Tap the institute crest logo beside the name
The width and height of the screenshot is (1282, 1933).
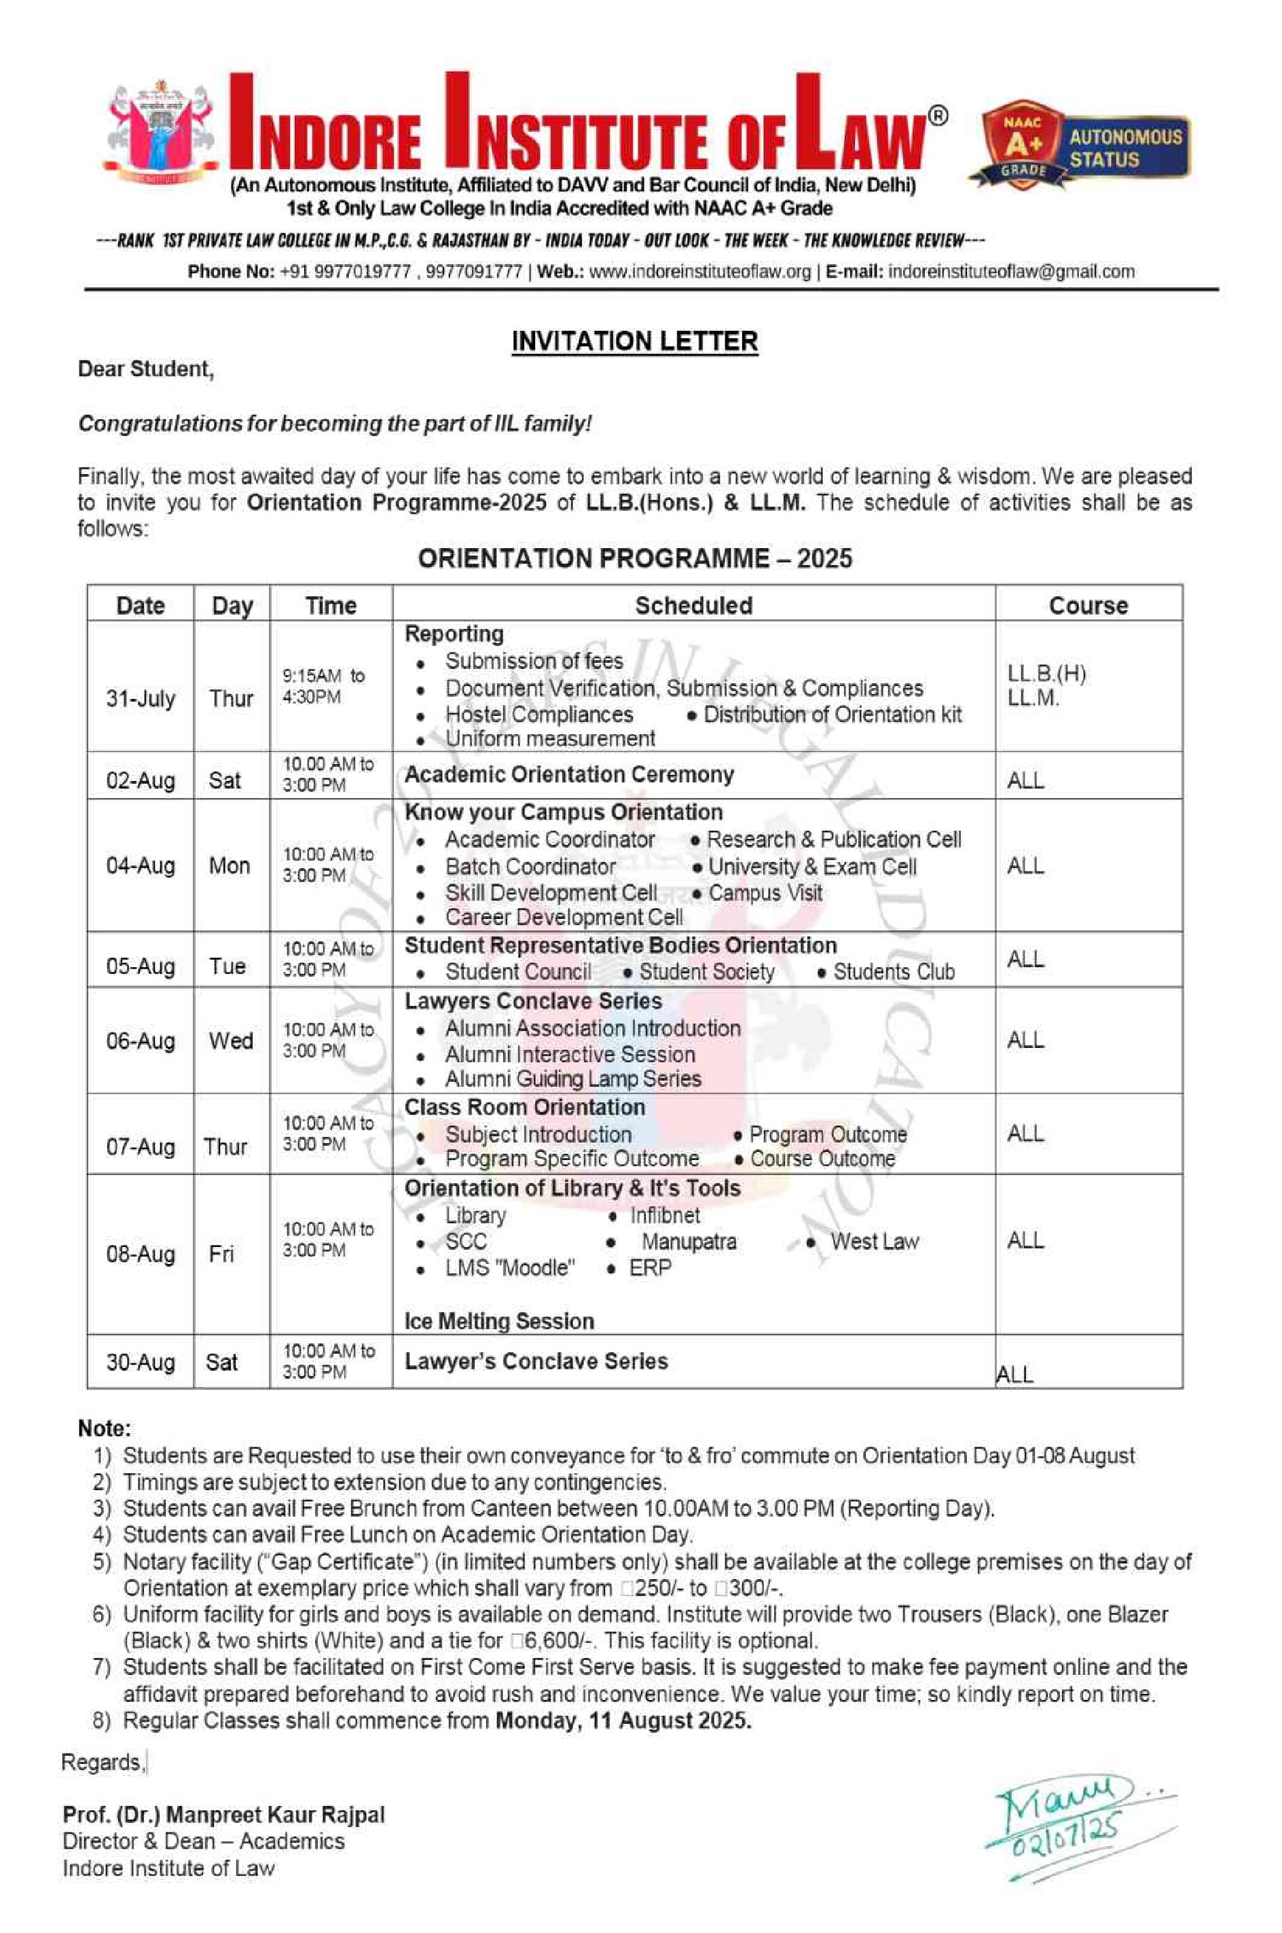tap(160, 131)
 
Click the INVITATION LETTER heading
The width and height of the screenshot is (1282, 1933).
tap(634, 341)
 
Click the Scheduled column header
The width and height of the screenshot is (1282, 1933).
tap(693, 605)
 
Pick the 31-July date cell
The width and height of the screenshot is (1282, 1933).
tap(141, 698)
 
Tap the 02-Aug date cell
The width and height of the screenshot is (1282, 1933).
tap(141, 780)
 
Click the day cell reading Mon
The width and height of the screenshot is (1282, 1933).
tap(230, 865)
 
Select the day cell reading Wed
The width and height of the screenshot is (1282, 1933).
tap(231, 1041)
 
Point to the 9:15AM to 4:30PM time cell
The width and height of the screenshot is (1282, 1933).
tap(324, 686)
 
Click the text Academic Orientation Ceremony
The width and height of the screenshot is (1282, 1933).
tap(569, 774)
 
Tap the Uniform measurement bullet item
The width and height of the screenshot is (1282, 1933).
tap(549, 738)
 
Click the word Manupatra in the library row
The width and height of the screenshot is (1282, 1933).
tap(689, 1242)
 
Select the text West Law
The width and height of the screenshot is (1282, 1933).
tap(874, 1242)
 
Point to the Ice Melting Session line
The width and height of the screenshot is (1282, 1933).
tap(498, 1321)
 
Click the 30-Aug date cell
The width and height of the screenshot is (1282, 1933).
tap(141, 1362)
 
